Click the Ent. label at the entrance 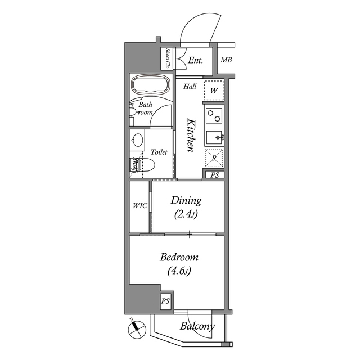pyautogui.click(x=196, y=60)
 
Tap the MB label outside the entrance pyautogui.click(x=226, y=60)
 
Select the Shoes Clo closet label pyautogui.click(x=168, y=58)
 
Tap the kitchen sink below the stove pyautogui.click(x=214, y=137)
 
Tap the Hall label pyautogui.click(x=190, y=87)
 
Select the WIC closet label pyautogui.click(x=139, y=206)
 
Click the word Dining pyautogui.click(x=186, y=200)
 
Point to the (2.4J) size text pyautogui.click(x=186, y=214)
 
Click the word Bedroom pyautogui.click(x=179, y=257)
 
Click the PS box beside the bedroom pyautogui.click(x=165, y=301)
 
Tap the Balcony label pyautogui.click(x=197, y=327)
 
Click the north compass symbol pyautogui.click(x=135, y=328)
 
